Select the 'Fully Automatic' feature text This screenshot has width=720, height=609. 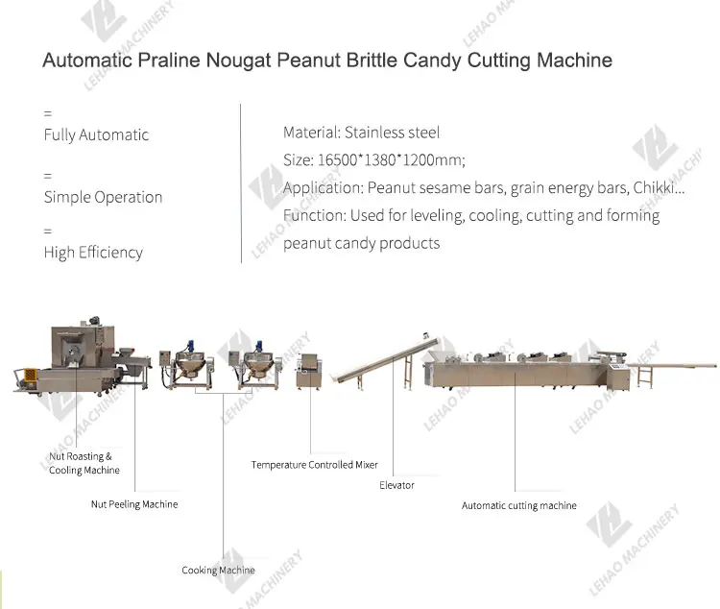96,135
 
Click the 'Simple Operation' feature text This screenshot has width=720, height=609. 103,197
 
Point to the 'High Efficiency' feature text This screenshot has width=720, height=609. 93,253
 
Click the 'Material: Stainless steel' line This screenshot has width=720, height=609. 361,133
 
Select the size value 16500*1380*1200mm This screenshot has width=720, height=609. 396,160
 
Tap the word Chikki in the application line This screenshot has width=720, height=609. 658,188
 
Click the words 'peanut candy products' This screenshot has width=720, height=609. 361,243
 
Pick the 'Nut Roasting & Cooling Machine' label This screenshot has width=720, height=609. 84,463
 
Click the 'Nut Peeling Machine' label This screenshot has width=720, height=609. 134,504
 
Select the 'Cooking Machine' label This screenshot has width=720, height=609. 218,571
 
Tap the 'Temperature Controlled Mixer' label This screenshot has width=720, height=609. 315,465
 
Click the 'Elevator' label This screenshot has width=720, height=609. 396,485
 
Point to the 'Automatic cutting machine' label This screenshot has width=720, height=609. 518,505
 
